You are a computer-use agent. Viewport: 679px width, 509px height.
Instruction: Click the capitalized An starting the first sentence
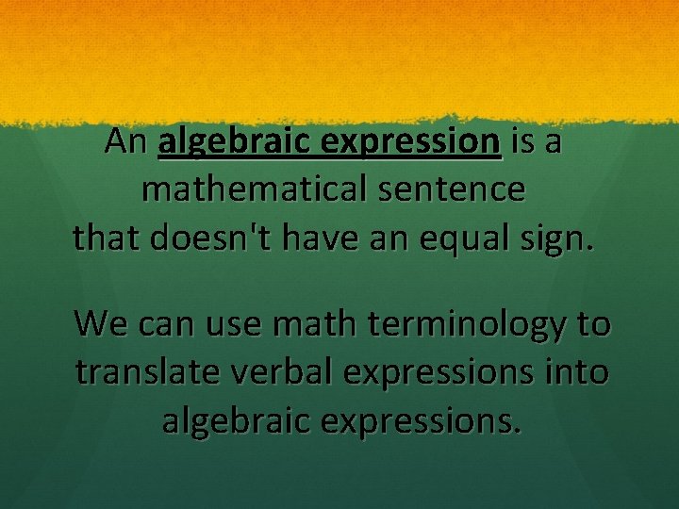[x=126, y=141]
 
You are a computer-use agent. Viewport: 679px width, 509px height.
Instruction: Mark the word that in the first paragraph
[x=104, y=238]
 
